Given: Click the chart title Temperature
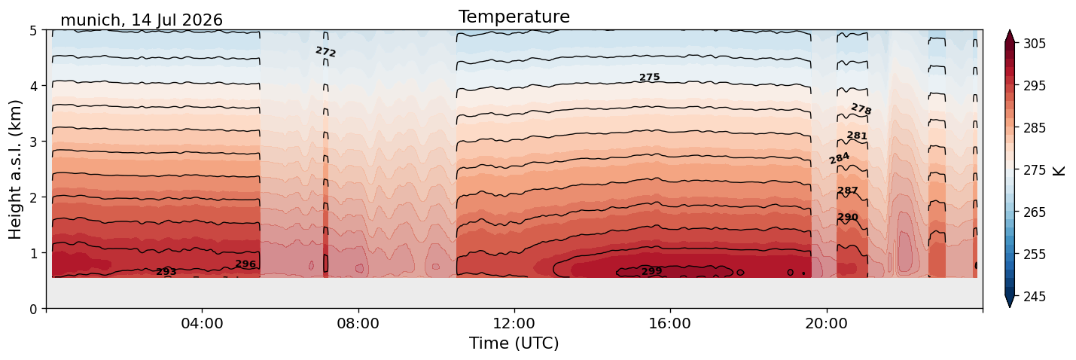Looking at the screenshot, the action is pyautogui.click(x=514, y=17).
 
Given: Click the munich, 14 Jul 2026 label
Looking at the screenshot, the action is pyautogui.click(x=142, y=20).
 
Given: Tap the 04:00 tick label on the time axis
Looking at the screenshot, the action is pyautogui.click(x=202, y=323).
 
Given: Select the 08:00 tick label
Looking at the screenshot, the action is pyautogui.click(x=358, y=323).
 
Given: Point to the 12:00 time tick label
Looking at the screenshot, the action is pyautogui.click(x=514, y=323).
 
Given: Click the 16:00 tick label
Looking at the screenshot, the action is pyautogui.click(x=670, y=323).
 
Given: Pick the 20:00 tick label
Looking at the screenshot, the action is pyautogui.click(x=826, y=323).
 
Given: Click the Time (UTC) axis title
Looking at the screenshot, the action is pyautogui.click(x=514, y=343).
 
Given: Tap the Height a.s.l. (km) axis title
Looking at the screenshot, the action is pyautogui.click(x=15, y=169).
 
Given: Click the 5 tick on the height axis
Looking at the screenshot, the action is pyautogui.click(x=33, y=31).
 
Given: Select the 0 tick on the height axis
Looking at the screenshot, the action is pyautogui.click(x=33, y=309).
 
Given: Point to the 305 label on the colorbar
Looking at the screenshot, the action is pyautogui.click(x=1034, y=44).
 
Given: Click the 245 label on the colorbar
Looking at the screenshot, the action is pyautogui.click(x=1034, y=297).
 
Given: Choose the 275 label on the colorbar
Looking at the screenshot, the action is pyautogui.click(x=1034, y=170).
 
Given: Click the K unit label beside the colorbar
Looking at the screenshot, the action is pyautogui.click(x=1058, y=170).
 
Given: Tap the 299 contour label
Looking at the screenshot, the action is pyautogui.click(x=652, y=271).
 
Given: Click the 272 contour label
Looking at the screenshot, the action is pyautogui.click(x=326, y=51).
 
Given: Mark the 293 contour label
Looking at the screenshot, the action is pyautogui.click(x=166, y=272).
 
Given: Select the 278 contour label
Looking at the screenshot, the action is pyautogui.click(x=861, y=109).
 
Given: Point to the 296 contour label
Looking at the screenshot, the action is pyautogui.click(x=245, y=264).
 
